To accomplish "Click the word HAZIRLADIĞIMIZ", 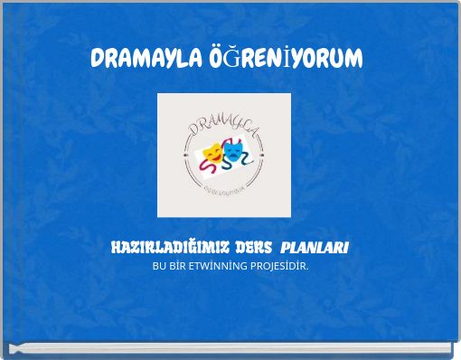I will coord(168,248).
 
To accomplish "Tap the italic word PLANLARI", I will coord(315,248).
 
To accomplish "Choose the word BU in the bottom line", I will coord(159,266).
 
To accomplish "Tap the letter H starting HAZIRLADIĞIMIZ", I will coord(115,248).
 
